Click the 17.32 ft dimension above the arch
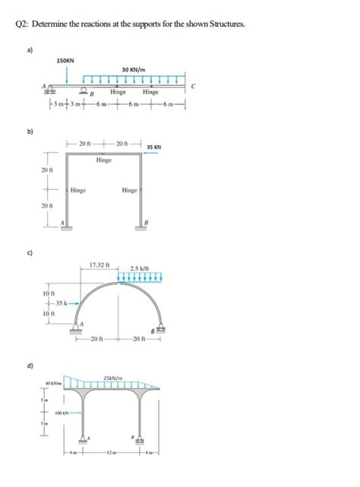tap(100, 265)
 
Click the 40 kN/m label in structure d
tap(53, 381)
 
